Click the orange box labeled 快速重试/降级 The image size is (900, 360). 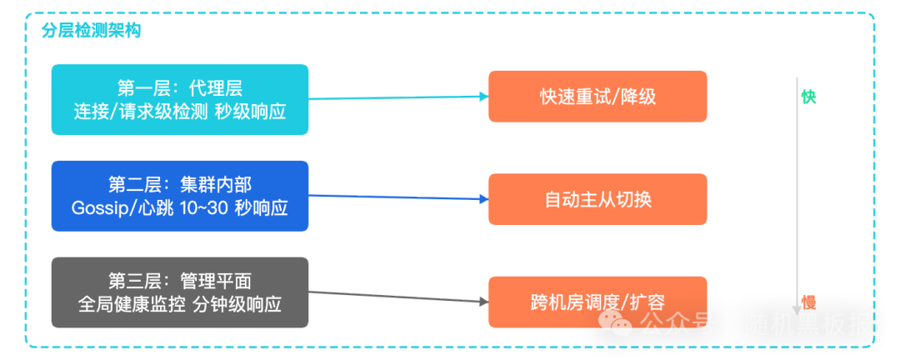pos(597,97)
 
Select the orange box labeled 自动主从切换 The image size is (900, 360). pos(597,200)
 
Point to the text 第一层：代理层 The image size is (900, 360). pos(180,88)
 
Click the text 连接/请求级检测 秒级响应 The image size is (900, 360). pos(180,111)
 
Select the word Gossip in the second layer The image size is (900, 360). pos(98,208)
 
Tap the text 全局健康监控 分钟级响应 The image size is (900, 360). pos(180,305)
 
